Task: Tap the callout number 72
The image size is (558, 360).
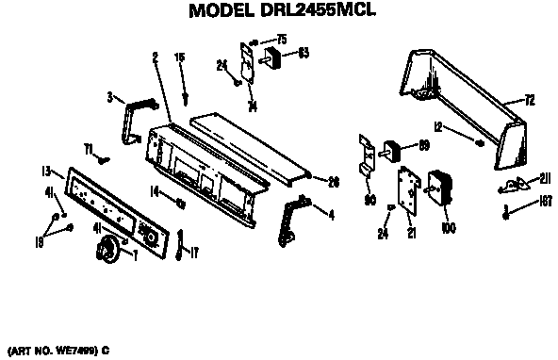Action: point(529,99)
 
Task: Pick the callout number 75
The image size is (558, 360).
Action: point(280,39)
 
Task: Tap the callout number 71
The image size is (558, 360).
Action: point(89,149)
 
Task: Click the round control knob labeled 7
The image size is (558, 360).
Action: point(108,251)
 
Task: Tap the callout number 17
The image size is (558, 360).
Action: point(194,253)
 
